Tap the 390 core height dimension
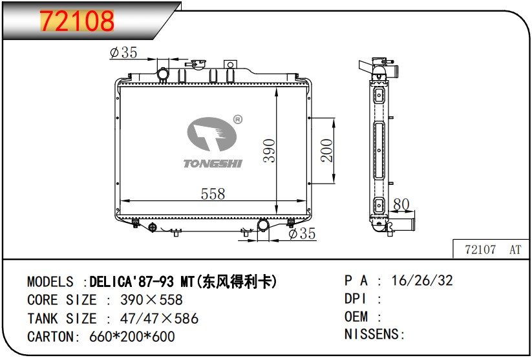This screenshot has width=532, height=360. click(270, 151)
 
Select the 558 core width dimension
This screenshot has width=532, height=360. click(213, 194)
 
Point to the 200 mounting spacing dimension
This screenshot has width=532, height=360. click(326, 151)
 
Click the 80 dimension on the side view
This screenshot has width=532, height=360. click(401, 204)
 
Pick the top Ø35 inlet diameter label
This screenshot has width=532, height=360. click(123, 52)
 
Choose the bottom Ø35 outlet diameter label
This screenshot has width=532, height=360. click(302, 233)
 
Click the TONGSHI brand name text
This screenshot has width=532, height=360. click(213, 164)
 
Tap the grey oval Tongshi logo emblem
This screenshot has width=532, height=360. click(211, 134)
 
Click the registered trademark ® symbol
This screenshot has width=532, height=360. click(238, 120)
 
